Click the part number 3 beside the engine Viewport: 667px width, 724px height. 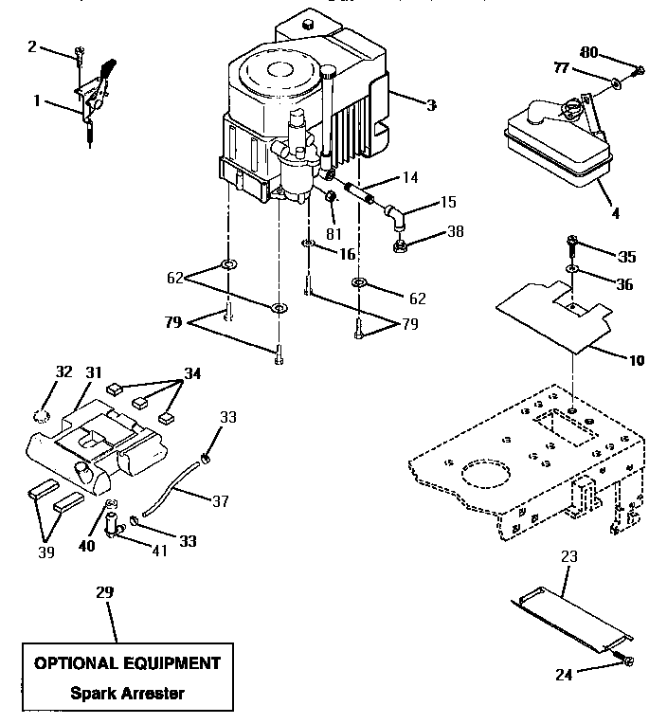[431, 105]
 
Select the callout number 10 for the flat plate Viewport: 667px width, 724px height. [636, 359]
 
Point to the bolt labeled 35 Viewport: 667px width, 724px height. [572, 244]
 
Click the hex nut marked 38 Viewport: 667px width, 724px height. [401, 247]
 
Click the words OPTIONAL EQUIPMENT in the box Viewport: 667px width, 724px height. [127, 663]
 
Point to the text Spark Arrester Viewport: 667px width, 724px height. [127, 692]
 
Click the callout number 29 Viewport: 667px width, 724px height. [103, 592]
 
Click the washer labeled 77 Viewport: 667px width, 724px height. [616, 84]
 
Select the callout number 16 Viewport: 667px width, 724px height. [347, 255]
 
